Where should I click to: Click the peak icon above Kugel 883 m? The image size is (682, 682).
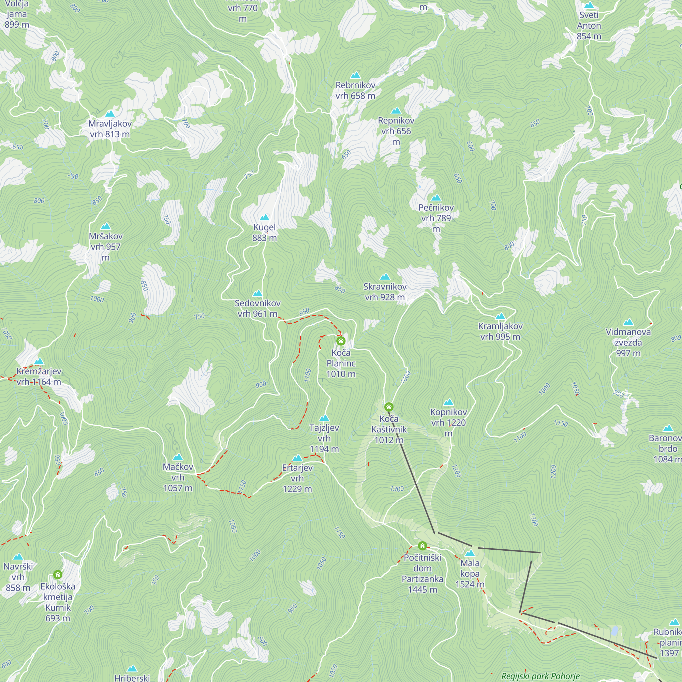tap(264, 218)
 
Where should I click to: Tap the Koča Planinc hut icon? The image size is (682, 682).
tap(341, 341)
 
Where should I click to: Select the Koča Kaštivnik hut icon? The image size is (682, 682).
tap(389, 407)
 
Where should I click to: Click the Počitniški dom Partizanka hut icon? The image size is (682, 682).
tap(422, 546)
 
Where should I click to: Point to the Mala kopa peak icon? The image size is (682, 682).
tap(470, 553)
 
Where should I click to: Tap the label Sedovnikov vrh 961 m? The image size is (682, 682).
tap(258, 309)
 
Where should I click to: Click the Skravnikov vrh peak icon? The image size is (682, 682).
tap(385, 277)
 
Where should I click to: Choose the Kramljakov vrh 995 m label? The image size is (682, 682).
tap(500, 331)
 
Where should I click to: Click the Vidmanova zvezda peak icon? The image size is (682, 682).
tap(628, 322)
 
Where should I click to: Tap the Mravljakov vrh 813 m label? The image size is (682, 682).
tap(110, 129)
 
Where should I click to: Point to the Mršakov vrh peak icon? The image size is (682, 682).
tap(106, 227)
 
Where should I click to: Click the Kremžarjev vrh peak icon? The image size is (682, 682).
tap(39, 361)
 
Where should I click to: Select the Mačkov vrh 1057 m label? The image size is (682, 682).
tap(178, 477)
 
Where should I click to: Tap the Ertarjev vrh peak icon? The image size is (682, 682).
tap(297, 458)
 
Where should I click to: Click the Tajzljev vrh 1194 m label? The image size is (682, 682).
tap(324, 438)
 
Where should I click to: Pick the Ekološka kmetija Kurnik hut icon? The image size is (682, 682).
tap(58, 575)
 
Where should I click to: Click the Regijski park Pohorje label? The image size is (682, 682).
tap(540, 676)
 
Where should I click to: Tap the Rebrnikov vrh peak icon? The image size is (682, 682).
tap(355, 75)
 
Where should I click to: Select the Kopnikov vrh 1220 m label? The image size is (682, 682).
tap(448, 422)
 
